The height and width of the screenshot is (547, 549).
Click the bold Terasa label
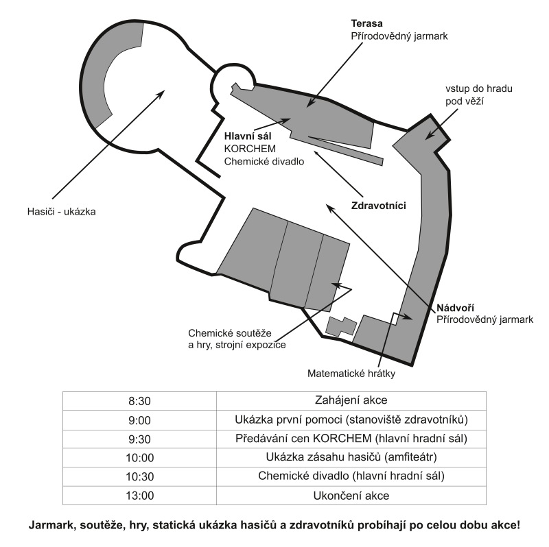point(366,23)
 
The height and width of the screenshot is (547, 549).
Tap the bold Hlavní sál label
point(248,136)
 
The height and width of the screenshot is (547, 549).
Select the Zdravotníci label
point(379,206)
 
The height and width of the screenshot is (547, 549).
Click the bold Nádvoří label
point(455,308)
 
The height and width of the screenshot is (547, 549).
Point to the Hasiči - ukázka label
point(62,212)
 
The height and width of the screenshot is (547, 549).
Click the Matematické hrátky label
point(351,374)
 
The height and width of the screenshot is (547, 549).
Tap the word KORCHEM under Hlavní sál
point(250,149)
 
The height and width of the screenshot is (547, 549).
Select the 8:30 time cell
point(139,401)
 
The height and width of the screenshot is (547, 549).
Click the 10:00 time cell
point(140,458)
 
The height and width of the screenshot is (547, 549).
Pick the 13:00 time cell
point(140,496)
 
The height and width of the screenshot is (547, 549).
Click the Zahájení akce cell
point(351,400)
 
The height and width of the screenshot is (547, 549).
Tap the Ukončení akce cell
point(351,496)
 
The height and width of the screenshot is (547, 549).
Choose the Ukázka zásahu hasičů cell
point(351,457)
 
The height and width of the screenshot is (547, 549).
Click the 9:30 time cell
point(139,439)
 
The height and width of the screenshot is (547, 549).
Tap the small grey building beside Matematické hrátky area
point(340,327)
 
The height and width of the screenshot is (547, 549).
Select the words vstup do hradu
point(478,88)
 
